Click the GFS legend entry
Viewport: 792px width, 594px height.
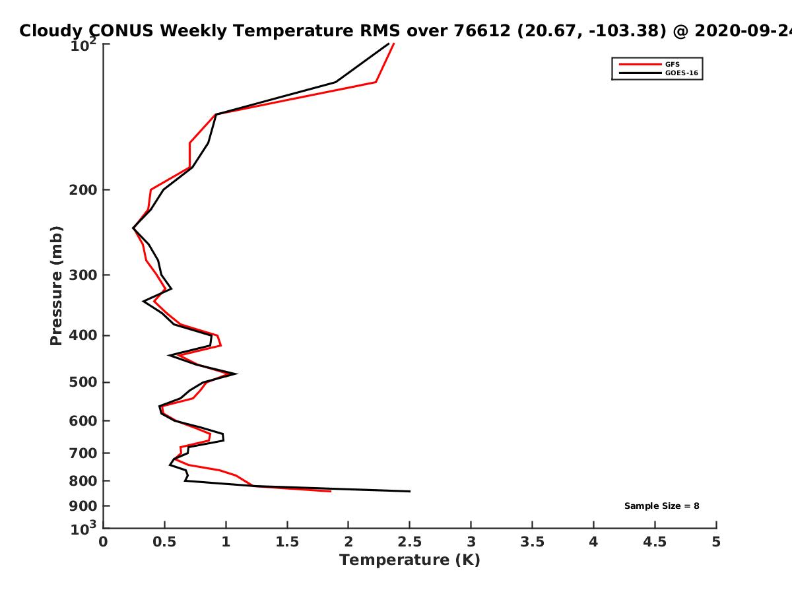(673, 64)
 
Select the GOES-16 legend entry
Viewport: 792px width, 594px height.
(681, 73)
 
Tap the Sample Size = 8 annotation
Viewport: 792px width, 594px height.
(661, 506)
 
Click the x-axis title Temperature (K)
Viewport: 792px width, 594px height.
(409, 560)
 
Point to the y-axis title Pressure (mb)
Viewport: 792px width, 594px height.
(56, 285)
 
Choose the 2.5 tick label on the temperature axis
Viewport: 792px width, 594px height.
(409, 542)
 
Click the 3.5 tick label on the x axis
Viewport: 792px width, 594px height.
(532, 542)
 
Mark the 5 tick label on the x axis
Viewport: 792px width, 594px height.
(716, 542)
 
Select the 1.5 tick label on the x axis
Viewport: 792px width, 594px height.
(287, 542)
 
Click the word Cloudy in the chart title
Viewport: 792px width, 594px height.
(51, 31)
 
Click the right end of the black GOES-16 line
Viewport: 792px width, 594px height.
(410, 491)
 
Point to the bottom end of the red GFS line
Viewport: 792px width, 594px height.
(330, 491)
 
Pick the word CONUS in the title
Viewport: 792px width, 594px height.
(119, 31)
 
